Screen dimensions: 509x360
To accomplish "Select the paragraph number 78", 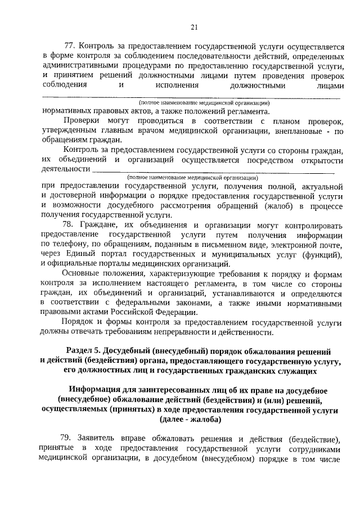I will pos(70,224).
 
